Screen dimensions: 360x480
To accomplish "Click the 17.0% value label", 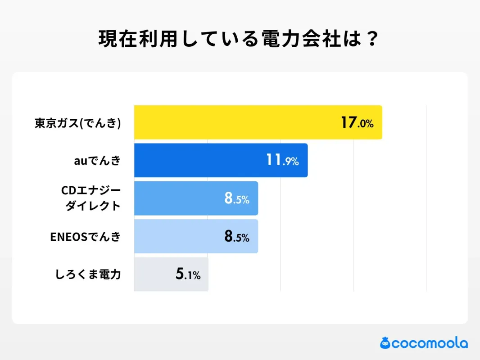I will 357,122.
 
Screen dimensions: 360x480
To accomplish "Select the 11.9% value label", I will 282,160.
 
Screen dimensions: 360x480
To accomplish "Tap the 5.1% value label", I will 188,274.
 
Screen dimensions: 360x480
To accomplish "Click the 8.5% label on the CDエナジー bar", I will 236,198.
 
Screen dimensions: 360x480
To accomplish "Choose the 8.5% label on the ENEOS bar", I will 236,236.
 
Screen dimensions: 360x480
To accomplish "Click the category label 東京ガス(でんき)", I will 78,123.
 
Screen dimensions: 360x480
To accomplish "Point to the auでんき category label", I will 98,161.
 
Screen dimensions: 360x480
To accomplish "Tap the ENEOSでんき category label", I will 86,237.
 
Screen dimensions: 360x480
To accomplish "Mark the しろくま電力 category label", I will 88,274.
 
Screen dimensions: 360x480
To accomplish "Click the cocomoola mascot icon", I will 385,343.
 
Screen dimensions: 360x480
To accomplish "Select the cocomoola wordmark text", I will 430,343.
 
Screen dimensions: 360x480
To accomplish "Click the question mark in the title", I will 372,40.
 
